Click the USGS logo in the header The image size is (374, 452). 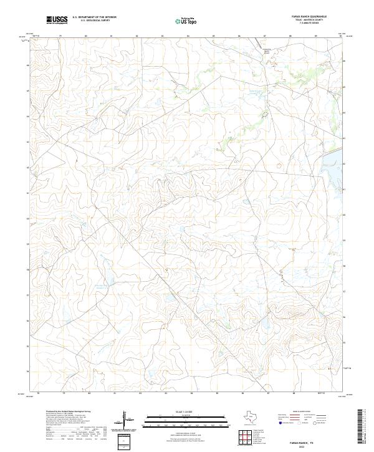coord(57,21)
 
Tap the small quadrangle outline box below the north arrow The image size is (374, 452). coord(124,441)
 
